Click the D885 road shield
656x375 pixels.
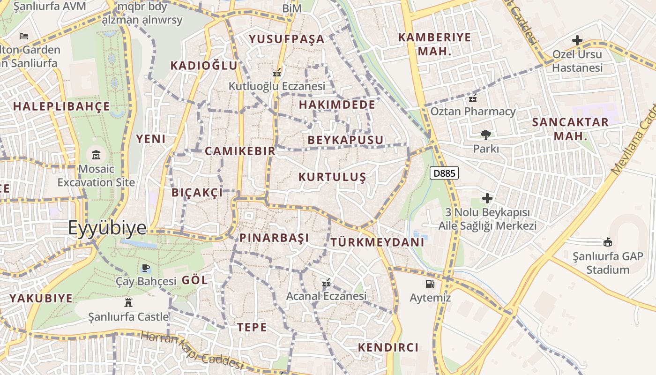[x=444, y=173]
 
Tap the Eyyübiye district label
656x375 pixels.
[x=107, y=228]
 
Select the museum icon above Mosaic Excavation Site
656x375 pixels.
[x=96, y=154]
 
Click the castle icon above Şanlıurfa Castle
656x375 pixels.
[x=128, y=302]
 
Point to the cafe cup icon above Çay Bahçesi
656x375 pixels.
[x=146, y=268]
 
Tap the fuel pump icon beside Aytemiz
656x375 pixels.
[x=430, y=284]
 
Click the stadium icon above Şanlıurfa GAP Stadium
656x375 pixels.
[x=608, y=242]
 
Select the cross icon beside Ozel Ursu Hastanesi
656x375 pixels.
[x=577, y=40]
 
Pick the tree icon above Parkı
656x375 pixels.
[x=486, y=135]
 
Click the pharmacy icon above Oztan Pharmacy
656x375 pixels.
[x=473, y=98]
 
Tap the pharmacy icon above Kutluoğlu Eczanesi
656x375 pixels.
[x=276, y=73]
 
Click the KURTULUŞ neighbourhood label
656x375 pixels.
[x=332, y=177]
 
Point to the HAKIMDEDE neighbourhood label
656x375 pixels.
[x=337, y=104]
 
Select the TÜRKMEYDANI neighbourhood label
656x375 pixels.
[x=377, y=242]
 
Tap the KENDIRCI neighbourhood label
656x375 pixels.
[x=388, y=347]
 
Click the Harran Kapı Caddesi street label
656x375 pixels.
[x=193, y=350]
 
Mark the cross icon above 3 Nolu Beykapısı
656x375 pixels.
[x=487, y=198]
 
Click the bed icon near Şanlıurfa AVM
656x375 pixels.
[x=24, y=36]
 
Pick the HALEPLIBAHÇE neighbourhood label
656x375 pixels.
[x=61, y=106]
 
